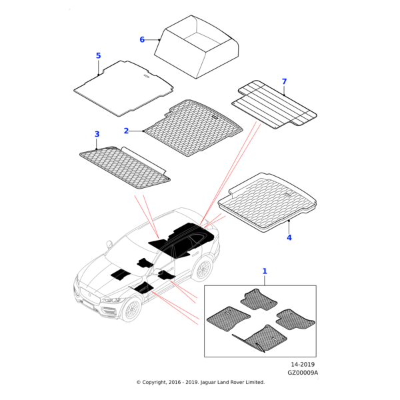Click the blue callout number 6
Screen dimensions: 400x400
coord(142,39)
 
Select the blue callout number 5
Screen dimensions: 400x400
coord(99,55)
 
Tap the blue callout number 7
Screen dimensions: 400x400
coord(284,81)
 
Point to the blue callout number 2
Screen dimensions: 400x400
coord(126,131)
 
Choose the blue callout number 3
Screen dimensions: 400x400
coord(97,134)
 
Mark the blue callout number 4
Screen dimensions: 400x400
coord(289,237)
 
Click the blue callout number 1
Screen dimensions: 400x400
coord(265,271)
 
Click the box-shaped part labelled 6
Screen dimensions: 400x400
coord(197,47)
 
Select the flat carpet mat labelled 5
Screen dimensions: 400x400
coord(124,88)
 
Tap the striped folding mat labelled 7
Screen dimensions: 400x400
coord(274,105)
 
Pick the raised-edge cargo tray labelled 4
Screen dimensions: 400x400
coord(267,202)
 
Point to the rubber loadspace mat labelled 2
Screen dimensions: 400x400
coord(193,127)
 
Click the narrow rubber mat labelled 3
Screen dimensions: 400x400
coord(125,167)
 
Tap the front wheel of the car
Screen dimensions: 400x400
coord(131,310)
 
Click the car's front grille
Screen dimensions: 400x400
coord(89,295)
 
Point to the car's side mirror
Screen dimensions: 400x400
coord(109,245)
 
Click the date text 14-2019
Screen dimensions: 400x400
coord(303,364)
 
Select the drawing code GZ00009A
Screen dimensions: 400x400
coord(303,373)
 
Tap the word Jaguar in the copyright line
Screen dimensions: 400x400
coord(208,383)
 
